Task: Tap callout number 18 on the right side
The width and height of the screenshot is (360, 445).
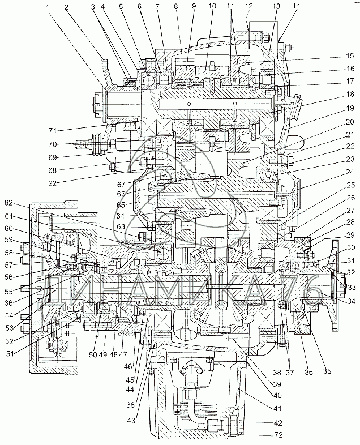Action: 351,95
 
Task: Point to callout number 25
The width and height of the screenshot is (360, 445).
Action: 351,185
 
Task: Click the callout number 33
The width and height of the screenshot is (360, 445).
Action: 351,288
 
